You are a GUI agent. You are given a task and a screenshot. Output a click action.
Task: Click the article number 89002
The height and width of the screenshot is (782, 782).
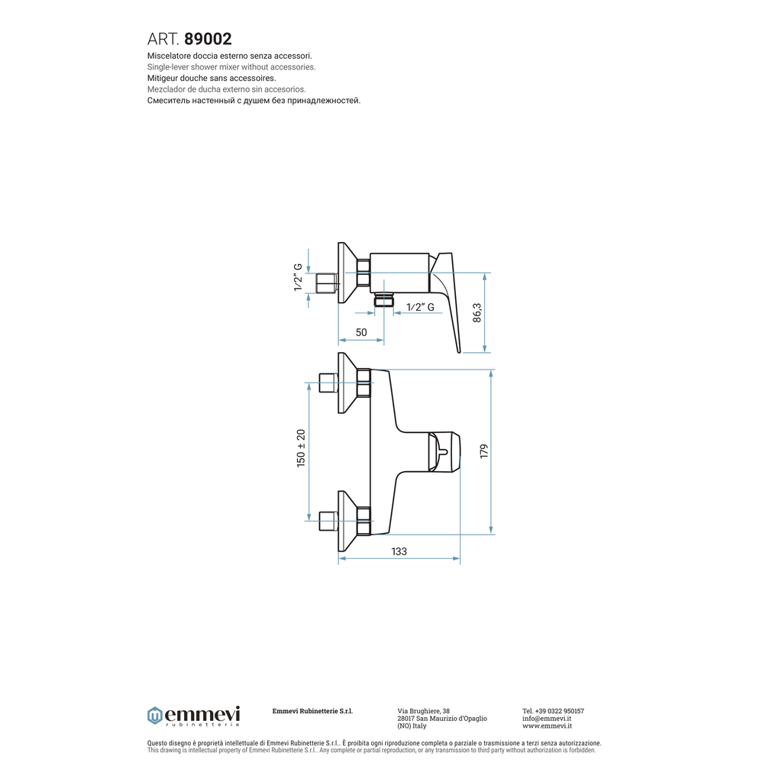click(208, 39)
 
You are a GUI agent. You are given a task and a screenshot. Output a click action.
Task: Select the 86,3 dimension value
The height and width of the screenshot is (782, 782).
click(477, 313)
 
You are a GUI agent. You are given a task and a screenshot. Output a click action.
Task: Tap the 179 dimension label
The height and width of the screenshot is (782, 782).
click(483, 451)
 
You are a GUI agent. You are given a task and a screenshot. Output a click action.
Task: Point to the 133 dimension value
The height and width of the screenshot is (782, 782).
click(399, 551)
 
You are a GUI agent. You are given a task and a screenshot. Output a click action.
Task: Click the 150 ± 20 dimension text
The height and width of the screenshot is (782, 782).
click(301, 448)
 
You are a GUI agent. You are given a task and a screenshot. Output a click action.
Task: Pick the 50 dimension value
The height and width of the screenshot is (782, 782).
click(361, 332)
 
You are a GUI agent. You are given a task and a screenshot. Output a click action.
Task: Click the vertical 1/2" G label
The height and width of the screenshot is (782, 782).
click(299, 277)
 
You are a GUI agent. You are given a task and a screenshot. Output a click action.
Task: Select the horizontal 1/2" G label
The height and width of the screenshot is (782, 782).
click(420, 307)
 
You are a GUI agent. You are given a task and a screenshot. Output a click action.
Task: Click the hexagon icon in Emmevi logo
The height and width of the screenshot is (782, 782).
click(155, 716)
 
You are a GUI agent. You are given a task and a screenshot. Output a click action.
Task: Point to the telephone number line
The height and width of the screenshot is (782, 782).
click(553, 711)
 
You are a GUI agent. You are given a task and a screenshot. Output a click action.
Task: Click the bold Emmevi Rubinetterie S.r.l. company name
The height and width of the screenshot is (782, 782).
click(312, 711)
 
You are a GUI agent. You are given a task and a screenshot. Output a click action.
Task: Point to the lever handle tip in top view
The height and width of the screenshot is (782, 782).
click(458, 350)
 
